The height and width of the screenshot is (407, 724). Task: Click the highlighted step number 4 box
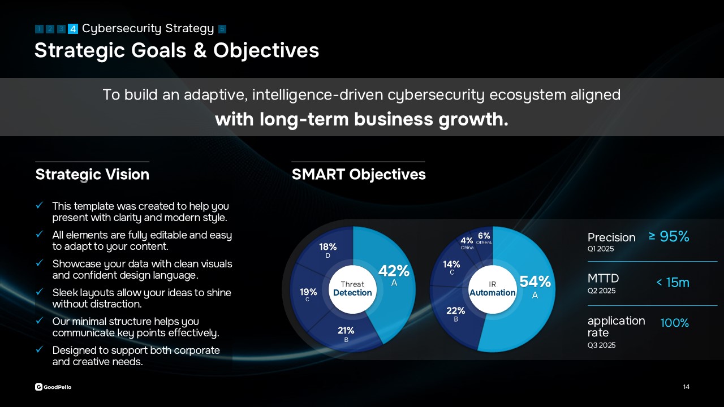pyautogui.click(x=73, y=29)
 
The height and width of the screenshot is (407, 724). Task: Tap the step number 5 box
pyautogui.click(x=222, y=29)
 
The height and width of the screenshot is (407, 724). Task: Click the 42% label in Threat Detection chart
pyautogui.click(x=394, y=271)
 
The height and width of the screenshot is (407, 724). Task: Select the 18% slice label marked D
pyautogui.click(x=327, y=247)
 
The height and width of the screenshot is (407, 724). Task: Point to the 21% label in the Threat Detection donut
pyautogui.click(x=346, y=331)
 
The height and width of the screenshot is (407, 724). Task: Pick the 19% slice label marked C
pyautogui.click(x=308, y=292)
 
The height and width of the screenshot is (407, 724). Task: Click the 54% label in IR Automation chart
pyautogui.click(x=535, y=282)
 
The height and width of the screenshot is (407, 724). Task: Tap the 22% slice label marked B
pyautogui.click(x=455, y=311)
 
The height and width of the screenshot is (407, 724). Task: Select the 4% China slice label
pyautogui.click(x=467, y=241)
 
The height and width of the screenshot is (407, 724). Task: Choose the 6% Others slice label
pyautogui.click(x=484, y=236)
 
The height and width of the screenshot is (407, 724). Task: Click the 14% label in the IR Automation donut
pyautogui.click(x=451, y=264)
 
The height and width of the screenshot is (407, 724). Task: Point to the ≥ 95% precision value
pyautogui.click(x=669, y=236)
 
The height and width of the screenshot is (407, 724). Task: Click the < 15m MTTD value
pyautogui.click(x=673, y=283)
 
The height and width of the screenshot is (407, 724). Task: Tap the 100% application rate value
pyautogui.click(x=675, y=323)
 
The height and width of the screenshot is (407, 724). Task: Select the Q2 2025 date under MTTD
pyautogui.click(x=601, y=291)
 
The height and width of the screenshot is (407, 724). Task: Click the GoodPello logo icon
pyautogui.click(x=38, y=387)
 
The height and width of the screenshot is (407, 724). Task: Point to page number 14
pyautogui.click(x=686, y=387)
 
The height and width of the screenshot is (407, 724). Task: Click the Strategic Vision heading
pyautogui.click(x=92, y=175)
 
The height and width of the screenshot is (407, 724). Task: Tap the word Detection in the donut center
pyautogui.click(x=352, y=293)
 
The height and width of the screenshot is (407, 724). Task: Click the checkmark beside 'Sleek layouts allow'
pyautogui.click(x=40, y=292)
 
